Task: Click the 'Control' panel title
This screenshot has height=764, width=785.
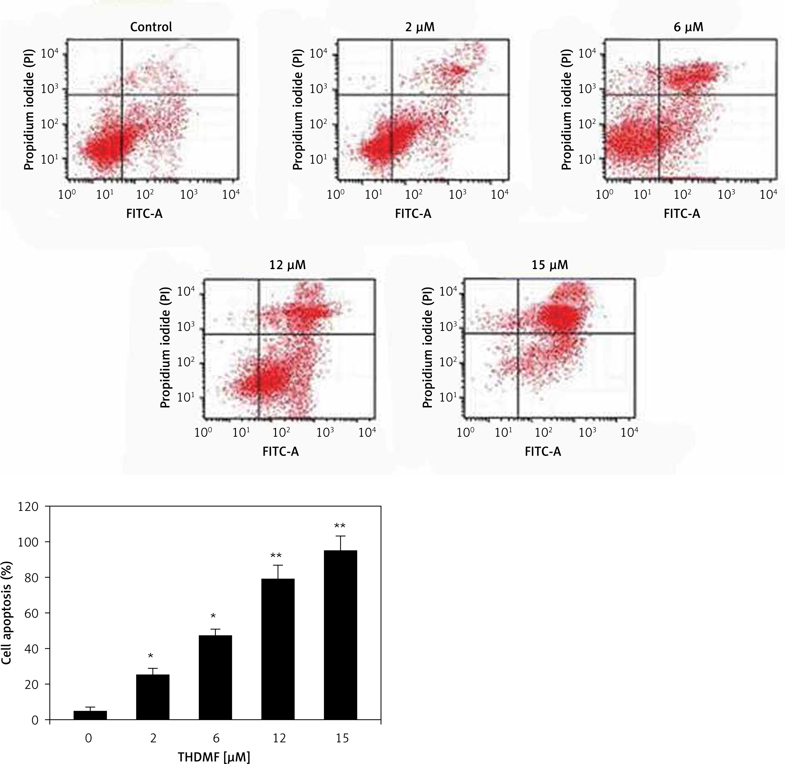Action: [x=151, y=27]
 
